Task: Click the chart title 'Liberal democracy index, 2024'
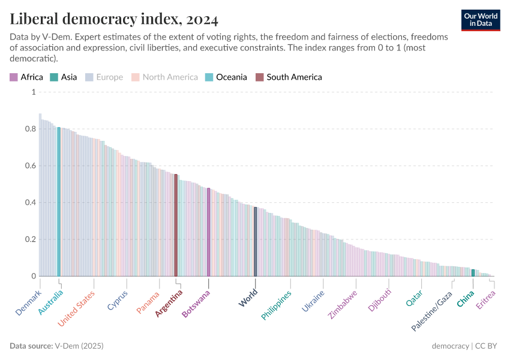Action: point(114,19)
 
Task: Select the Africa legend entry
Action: point(26,77)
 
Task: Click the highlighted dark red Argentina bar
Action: point(176,225)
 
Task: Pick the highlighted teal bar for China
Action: point(473,273)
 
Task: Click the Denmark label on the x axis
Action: point(29,302)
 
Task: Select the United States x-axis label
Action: point(77,308)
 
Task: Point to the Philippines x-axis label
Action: point(277,305)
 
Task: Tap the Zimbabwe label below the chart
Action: point(343,304)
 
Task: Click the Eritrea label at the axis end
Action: point(486,300)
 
